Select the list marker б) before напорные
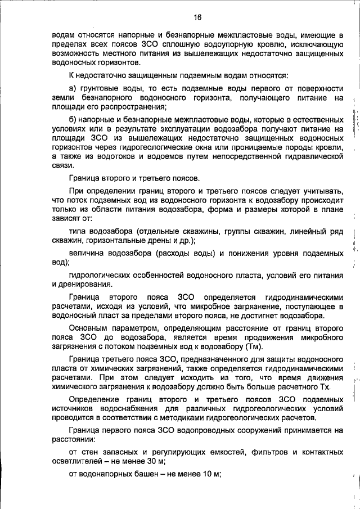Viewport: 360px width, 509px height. point(72,120)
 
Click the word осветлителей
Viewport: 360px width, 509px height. point(74,461)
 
